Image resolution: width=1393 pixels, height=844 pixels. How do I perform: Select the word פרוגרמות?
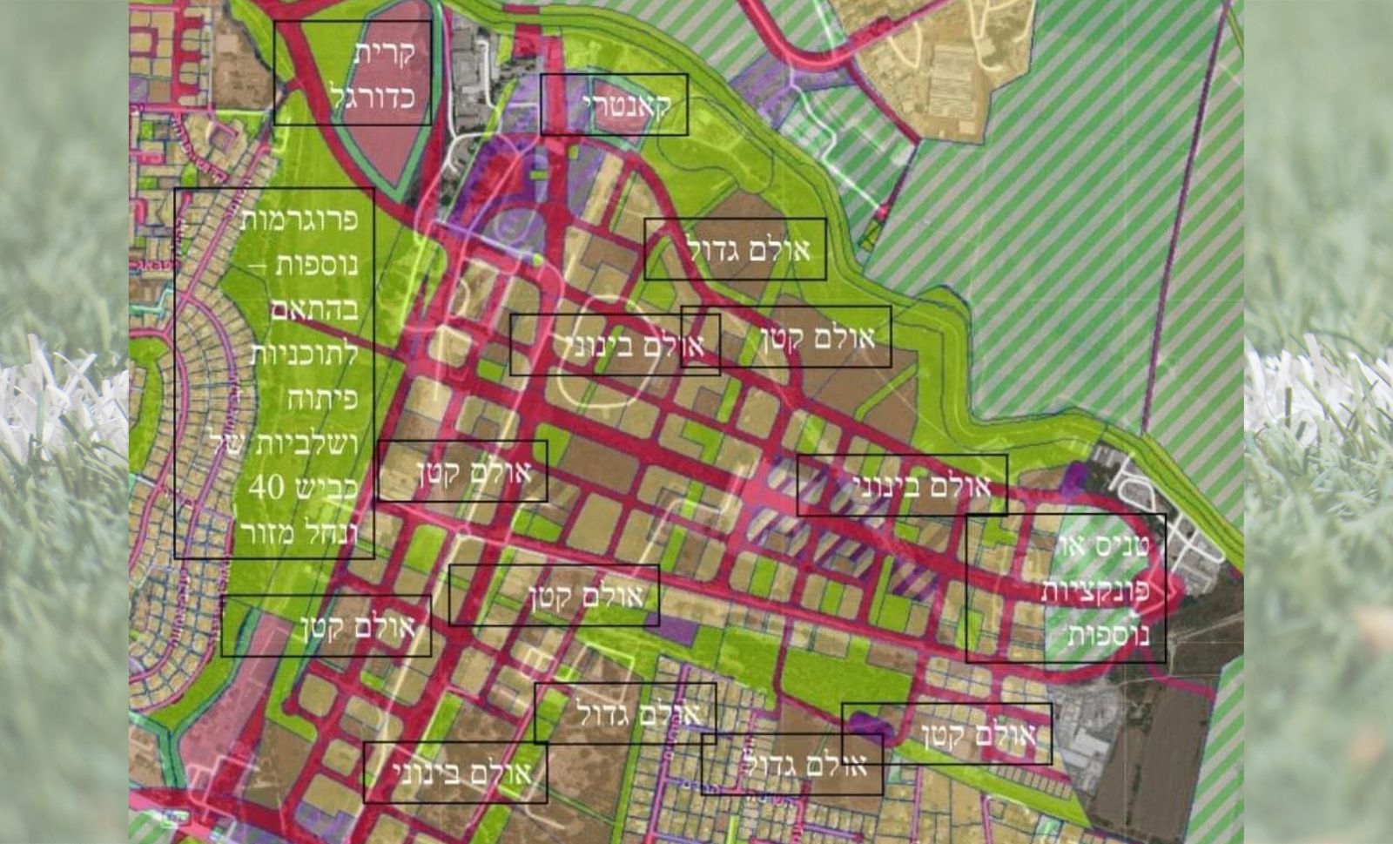(x=299, y=219)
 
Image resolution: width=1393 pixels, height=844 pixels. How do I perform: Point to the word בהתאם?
(x=314, y=309)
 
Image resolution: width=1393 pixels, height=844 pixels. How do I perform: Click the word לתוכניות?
(x=304, y=354)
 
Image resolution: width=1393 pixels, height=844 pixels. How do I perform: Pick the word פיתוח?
(x=323, y=399)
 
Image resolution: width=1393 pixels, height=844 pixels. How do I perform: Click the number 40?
(x=266, y=488)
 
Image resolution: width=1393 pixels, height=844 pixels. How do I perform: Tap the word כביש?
(x=326, y=488)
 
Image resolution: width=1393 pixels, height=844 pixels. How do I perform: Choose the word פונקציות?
(x=1095, y=590)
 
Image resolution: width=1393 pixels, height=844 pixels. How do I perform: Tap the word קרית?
(x=384, y=52)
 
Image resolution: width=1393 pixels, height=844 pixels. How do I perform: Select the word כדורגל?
(x=372, y=96)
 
